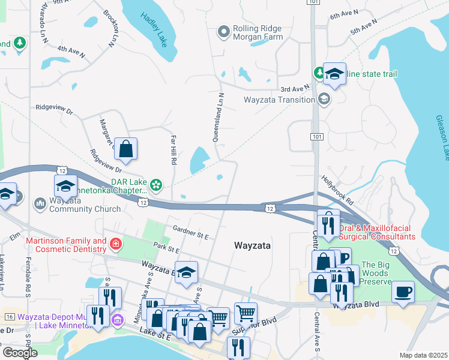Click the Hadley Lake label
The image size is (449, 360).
click(154, 28)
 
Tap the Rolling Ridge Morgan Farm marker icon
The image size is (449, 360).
click(224, 31)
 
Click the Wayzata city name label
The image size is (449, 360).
click(252, 246)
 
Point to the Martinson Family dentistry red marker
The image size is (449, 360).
click(115, 244)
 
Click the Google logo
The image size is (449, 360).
click(20, 353)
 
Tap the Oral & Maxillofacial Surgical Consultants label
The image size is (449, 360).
click(377, 232)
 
